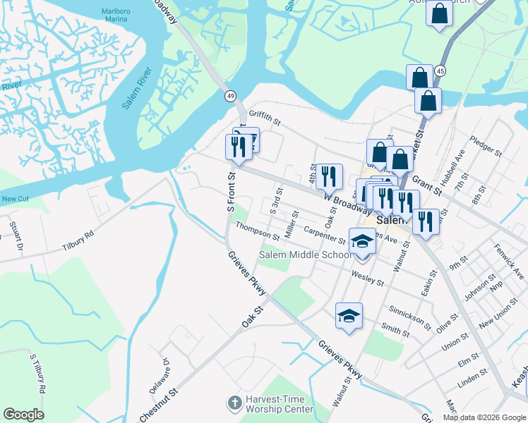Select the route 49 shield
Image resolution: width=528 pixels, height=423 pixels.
(231, 95)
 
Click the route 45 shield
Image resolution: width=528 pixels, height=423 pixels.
(440, 71)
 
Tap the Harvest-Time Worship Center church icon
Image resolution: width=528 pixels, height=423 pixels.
(234, 403)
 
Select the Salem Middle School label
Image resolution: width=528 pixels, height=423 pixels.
(306, 255)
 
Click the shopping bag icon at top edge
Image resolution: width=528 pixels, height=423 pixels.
(439, 14)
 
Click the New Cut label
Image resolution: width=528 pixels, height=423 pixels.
(14, 199)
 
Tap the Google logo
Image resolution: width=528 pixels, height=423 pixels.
(23, 415)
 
